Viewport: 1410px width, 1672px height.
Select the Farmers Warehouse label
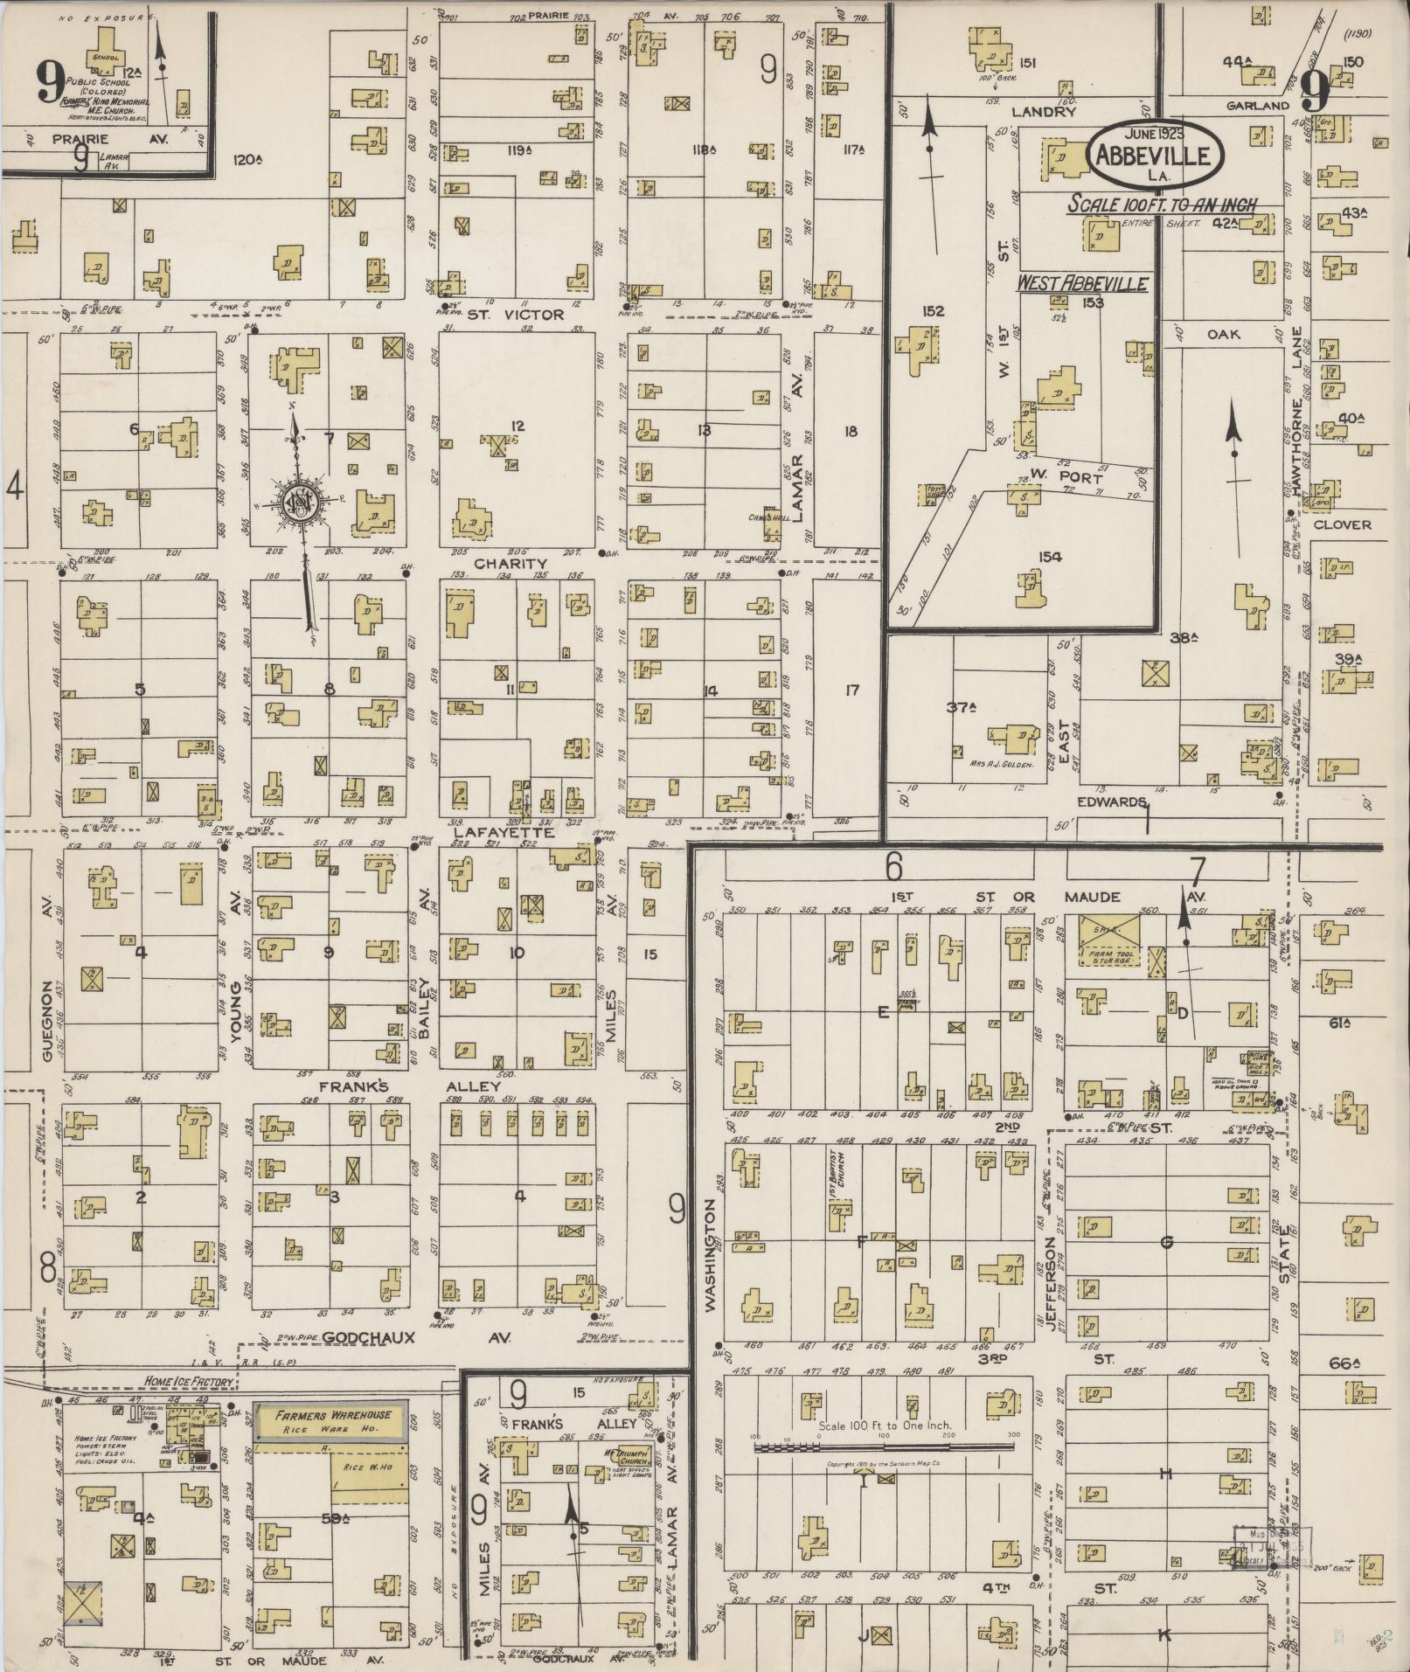330,1415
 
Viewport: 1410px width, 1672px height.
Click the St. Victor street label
515,315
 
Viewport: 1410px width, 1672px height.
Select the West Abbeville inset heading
1081,284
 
